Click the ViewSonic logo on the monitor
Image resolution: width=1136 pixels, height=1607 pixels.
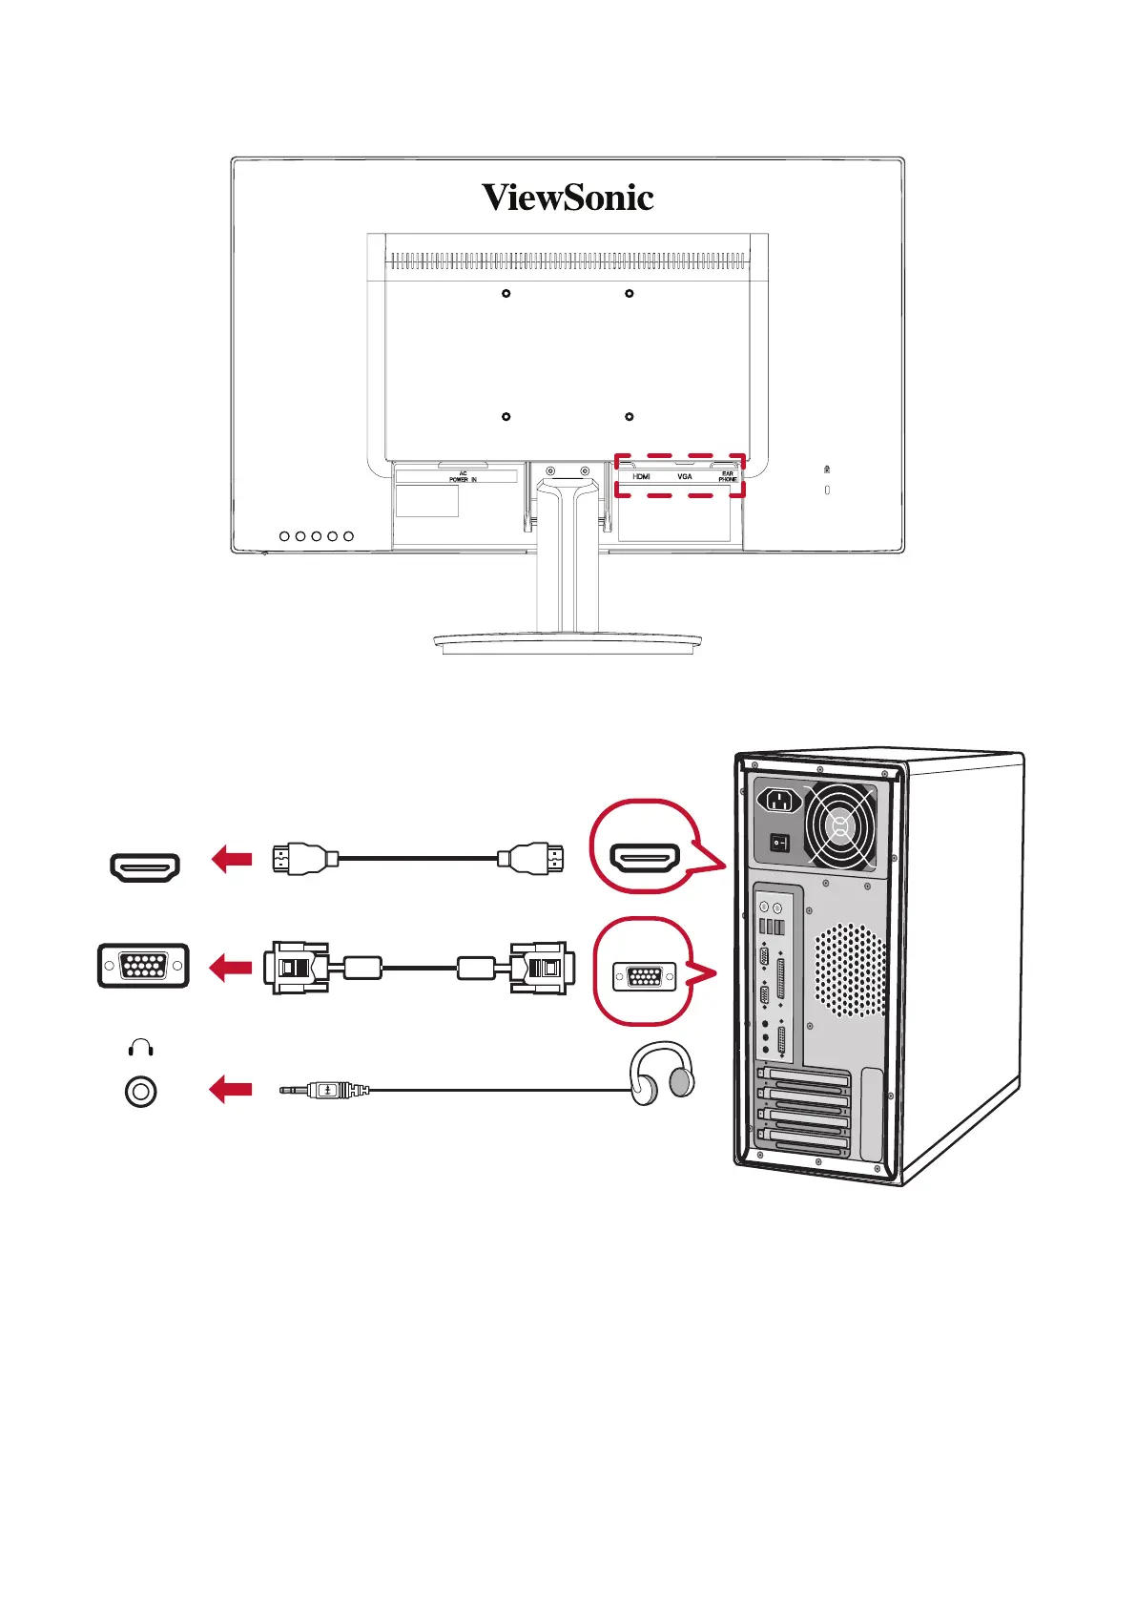pos(568,198)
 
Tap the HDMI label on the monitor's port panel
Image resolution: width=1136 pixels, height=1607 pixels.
pos(641,476)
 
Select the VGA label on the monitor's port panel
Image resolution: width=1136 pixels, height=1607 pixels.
pos(685,476)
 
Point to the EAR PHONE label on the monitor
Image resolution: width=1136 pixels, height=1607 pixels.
pos(728,476)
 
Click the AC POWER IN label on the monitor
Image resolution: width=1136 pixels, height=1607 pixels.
pos(463,476)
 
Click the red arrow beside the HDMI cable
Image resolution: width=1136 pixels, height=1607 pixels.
pos(231,859)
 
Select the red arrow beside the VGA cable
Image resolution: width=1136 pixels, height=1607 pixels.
pos(231,968)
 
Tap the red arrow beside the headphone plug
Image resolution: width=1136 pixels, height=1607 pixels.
pos(231,1089)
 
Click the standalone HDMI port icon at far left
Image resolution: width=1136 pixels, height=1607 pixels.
pos(144,867)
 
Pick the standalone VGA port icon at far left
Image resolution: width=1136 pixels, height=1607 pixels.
pos(143,966)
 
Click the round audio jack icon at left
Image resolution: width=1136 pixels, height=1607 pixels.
pos(141,1092)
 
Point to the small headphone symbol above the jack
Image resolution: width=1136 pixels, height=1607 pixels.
pos(140,1048)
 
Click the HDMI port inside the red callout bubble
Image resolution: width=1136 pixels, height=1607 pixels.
pos(645,858)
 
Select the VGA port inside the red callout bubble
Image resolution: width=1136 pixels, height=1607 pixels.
pos(644,977)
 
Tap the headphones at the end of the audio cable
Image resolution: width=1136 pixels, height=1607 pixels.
pos(662,1073)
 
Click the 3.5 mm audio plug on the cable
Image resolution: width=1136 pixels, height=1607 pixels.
pos(324,1089)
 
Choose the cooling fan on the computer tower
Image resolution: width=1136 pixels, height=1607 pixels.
pos(839,825)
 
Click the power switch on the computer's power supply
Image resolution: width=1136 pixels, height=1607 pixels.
pos(780,844)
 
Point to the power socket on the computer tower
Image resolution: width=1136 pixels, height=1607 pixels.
pos(779,800)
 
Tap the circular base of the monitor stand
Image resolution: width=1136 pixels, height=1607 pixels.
pos(568,643)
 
